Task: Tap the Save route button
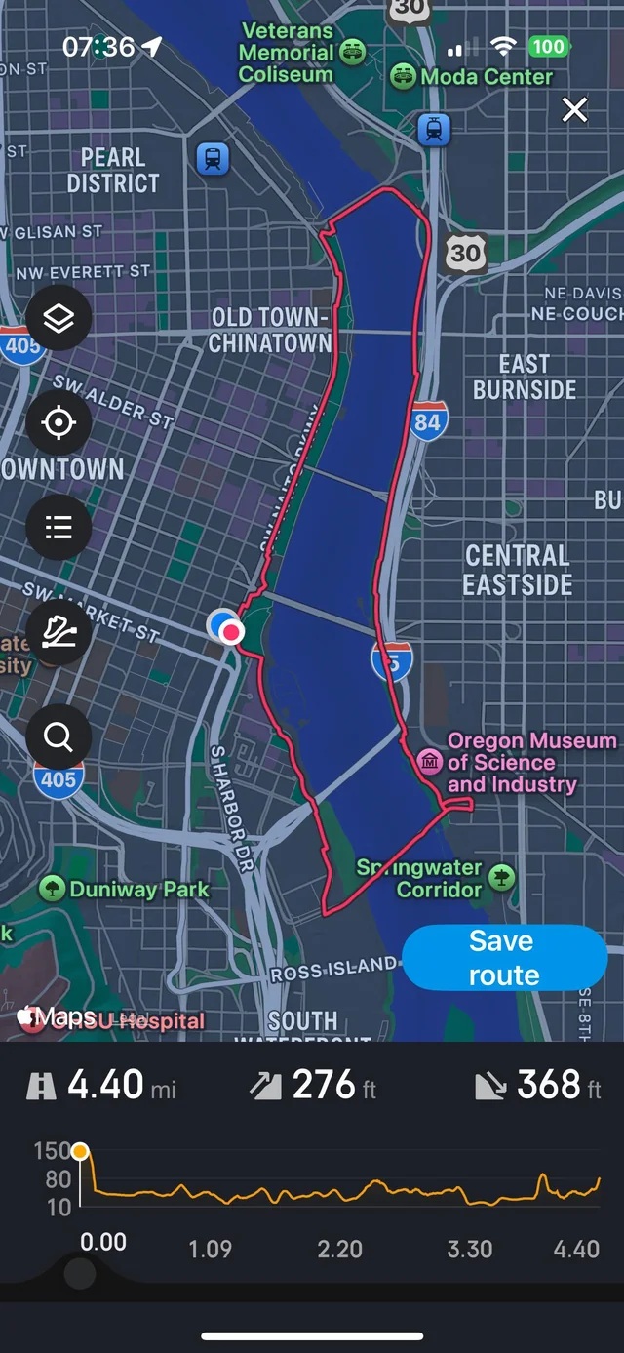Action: [x=504, y=958]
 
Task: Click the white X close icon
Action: [x=575, y=110]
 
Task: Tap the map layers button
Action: [x=58, y=318]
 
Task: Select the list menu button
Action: [x=58, y=528]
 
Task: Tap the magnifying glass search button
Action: [x=58, y=737]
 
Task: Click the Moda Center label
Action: [x=486, y=76]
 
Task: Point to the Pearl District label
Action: [x=113, y=170]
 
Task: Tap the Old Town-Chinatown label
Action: [x=269, y=330]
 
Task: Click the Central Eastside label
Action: [x=517, y=570]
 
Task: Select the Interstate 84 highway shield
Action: [x=427, y=419]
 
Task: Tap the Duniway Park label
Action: [x=138, y=889]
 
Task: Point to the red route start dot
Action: [x=231, y=633]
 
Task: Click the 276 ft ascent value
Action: [x=324, y=1085]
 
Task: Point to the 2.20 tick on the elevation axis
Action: [x=339, y=1249]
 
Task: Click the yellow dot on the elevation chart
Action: [x=80, y=1152]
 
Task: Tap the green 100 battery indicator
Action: [x=548, y=46]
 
